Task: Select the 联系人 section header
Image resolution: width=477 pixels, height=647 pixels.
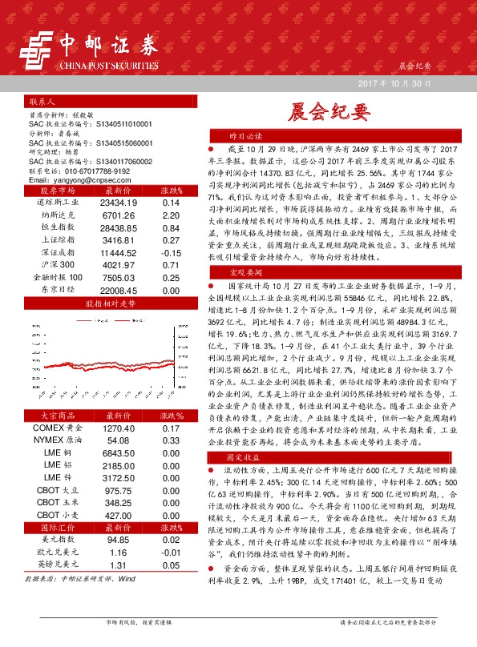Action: pos(42,102)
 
